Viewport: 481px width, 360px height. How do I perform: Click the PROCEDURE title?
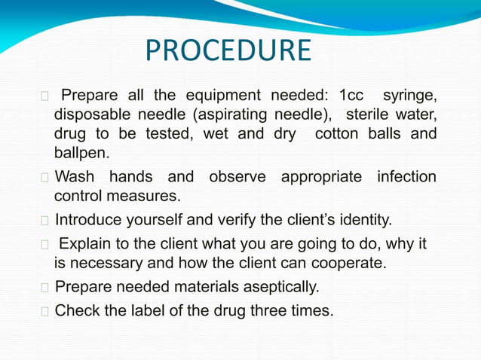(228, 51)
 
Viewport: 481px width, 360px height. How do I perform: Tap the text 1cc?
(351, 96)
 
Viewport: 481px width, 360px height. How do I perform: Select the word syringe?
(409, 96)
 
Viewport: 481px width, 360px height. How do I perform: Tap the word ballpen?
(81, 154)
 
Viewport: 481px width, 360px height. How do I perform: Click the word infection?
(406, 178)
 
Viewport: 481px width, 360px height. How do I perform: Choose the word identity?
(360, 221)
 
